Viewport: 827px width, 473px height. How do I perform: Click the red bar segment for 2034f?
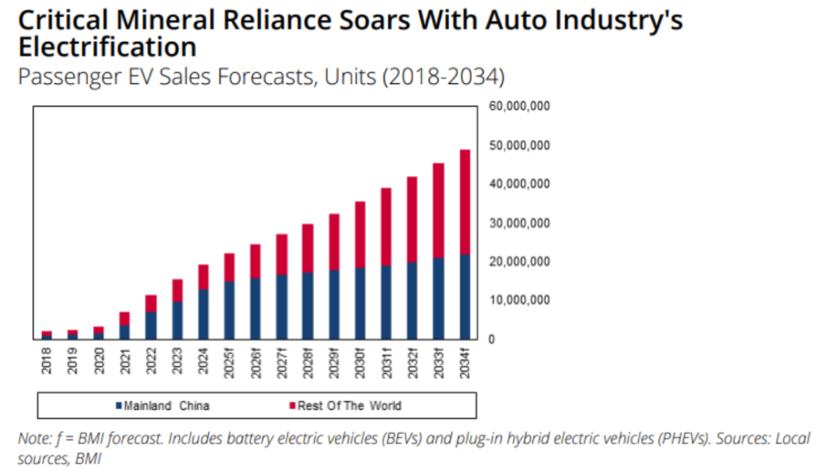[464, 202]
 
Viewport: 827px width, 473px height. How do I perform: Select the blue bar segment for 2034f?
[464, 296]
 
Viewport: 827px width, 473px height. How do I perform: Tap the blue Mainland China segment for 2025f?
[229, 310]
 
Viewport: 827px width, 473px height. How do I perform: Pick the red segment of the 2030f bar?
[359, 235]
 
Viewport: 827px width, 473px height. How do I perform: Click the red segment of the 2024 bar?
[204, 277]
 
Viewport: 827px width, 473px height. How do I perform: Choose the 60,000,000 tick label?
[518, 107]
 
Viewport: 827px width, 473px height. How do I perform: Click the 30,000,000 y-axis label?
[518, 223]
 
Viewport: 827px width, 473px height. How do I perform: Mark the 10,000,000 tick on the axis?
[518, 300]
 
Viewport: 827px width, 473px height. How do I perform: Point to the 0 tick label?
[491, 339]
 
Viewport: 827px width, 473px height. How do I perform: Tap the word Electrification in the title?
[107, 46]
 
